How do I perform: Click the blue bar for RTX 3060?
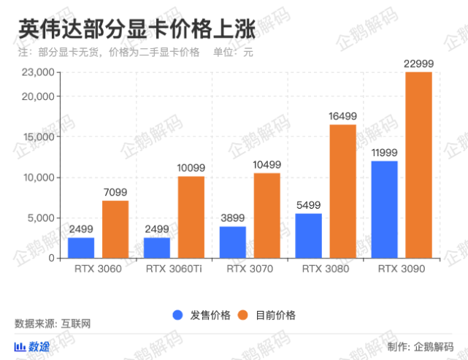point(81,248)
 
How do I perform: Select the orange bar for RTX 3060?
point(115,229)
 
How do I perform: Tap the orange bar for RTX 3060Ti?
point(191,217)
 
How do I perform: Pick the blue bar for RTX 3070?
point(232,242)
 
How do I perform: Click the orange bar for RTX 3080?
point(342,191)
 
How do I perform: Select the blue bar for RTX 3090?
point(384,210)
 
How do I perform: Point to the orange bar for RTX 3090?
point(418,165)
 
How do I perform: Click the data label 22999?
point(418,64)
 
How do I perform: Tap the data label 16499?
point(342,116)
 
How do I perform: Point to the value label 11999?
point(384,152)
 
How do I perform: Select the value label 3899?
point(232,218)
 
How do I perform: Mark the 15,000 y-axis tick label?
point(39,137)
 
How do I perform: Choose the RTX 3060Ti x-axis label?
point(174,269)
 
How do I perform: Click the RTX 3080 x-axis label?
point(326,269)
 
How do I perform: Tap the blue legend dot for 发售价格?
point(177,315)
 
